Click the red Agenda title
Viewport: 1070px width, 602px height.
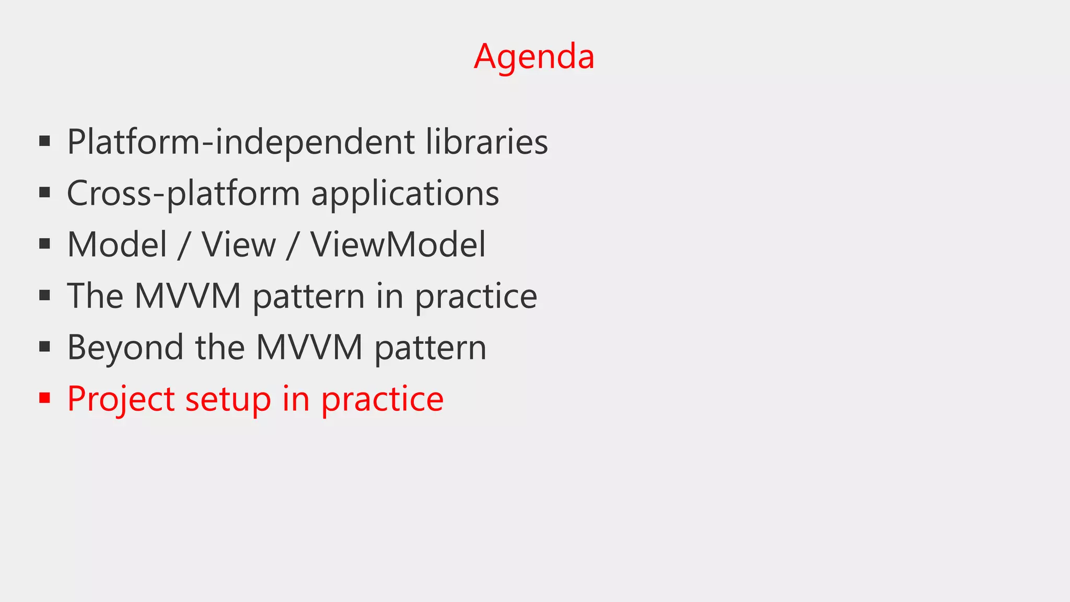(x=534, y=56)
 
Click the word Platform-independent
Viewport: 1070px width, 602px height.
(x=241, y=142)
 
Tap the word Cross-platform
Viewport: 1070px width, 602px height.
(x=183, y=193)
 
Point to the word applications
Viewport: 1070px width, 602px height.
(x=405, y=193)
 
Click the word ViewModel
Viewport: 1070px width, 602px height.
(x=398, y=245)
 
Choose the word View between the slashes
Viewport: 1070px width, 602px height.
(x=239, y=245)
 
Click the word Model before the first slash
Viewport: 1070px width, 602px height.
(x=117, y=245)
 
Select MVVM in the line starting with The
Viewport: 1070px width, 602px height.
(x=188, y=296)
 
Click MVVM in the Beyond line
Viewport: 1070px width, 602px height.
(x=309, y=348)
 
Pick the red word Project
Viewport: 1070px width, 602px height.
(x=121, y=399)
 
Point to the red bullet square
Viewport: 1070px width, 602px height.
(x=44, y=398)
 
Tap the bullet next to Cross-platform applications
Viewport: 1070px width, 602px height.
(x=44, y=192)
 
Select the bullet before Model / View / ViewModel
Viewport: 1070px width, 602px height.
(x=44, y=244)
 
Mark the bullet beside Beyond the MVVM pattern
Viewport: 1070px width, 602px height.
(x=44, y=346)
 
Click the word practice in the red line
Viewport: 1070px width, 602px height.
(x=382, y=399)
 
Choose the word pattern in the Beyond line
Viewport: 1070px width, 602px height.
(x=431, y=348)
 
